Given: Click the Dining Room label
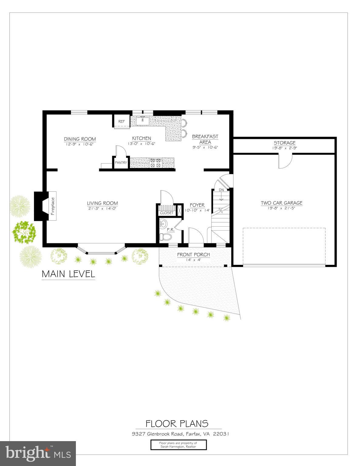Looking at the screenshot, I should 80,139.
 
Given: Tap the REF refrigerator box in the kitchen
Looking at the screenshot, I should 121,121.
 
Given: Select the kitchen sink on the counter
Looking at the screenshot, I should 142,121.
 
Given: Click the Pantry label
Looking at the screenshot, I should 121,163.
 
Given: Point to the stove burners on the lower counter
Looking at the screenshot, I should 155,163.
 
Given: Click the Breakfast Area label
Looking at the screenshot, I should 205,139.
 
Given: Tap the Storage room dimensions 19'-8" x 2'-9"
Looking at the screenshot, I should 284,148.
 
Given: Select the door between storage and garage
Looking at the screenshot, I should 285,161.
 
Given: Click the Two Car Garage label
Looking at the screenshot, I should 281,203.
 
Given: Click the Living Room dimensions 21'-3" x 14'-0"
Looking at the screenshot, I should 102,208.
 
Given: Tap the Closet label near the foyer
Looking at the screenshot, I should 167,213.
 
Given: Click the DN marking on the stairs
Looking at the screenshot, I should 221,190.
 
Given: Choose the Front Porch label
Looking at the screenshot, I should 193,255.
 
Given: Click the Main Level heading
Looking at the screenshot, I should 68,274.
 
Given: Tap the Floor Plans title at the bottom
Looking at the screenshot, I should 177,424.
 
